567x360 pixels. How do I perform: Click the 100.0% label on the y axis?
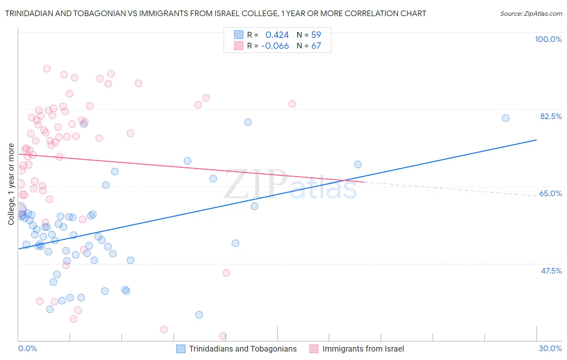coord(548,39)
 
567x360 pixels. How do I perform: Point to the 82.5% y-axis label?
coord(551,116)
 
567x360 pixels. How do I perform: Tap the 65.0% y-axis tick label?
coord(550,193)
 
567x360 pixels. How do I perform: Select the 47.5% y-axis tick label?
coord(551,271)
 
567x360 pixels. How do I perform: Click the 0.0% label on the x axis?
coord(27,348)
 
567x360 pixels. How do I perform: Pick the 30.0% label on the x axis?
coord(550,348)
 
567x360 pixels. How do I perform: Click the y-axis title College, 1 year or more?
coord(11,184)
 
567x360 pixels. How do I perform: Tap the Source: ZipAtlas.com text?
coord(531,14)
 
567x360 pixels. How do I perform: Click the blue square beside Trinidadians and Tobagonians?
coord(181,349)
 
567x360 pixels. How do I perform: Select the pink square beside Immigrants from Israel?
coord(314,349)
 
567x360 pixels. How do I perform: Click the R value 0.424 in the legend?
coord(277,35)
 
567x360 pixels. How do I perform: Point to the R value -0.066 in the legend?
coord(275,46)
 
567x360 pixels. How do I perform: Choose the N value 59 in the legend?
coord(316,35)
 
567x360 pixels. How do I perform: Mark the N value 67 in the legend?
coord(316,46)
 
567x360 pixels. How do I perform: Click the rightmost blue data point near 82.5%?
coord(505,118)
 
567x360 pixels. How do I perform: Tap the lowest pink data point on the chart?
coord(223,336)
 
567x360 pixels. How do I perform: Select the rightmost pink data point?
coord(292,104)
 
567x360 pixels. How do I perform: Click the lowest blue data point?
coord(199,315)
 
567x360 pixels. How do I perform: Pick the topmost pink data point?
coord(47,69)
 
